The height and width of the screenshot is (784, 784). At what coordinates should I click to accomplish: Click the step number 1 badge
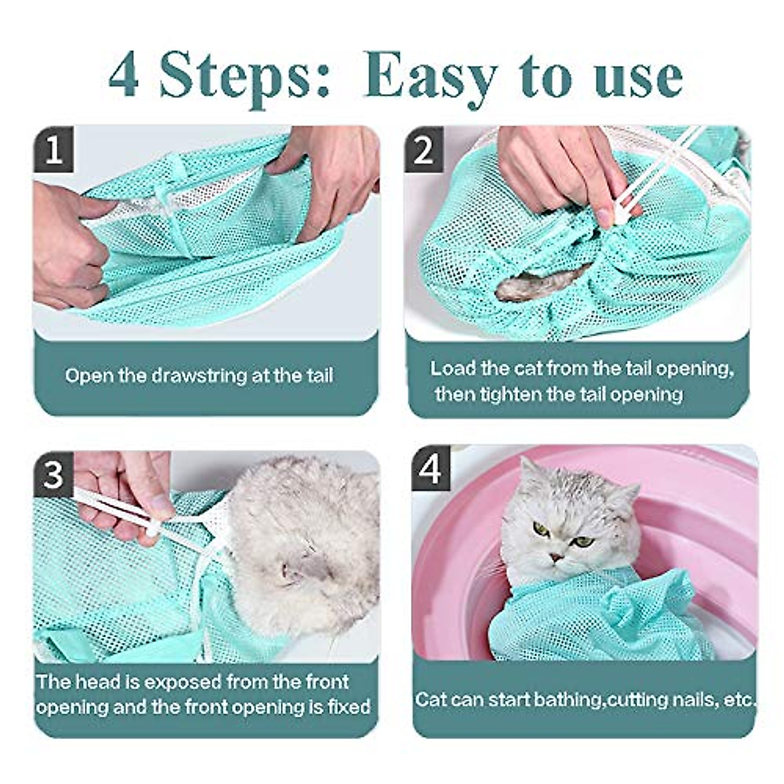[x=54, y=150]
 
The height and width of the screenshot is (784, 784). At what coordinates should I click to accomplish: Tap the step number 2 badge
[x=423, y=150]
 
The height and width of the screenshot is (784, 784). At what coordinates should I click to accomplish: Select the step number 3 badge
[x=54, y=475]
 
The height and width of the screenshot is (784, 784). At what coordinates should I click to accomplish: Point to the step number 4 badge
[x=430, y=470]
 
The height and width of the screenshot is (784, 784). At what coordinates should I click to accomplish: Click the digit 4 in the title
[x=124, y=76]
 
